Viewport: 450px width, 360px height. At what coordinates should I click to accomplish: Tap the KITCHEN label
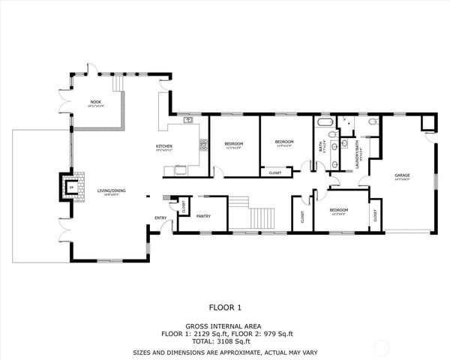[164, 145]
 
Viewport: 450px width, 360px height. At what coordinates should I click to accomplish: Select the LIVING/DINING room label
[111, 190]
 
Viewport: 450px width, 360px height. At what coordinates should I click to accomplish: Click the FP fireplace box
[74, 187]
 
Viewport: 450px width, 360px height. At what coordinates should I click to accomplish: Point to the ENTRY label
[160, 217]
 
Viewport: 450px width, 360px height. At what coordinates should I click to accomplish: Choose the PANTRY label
[203, 217]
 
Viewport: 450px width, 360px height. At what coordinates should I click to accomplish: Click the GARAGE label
[403, 176]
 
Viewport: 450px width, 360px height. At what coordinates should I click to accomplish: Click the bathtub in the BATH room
[325, 121]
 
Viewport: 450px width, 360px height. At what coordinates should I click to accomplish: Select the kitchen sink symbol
[188, 120]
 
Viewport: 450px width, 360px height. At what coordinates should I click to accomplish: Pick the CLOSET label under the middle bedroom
[274, 173]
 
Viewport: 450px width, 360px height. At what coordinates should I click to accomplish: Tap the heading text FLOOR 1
[225, 307]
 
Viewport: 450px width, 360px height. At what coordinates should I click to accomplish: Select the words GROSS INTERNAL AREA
[225, 325]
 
